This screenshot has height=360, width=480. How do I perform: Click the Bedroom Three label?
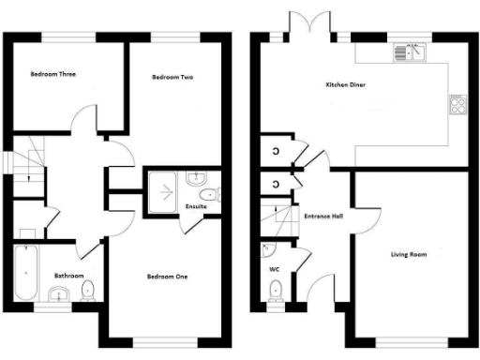point(52,73)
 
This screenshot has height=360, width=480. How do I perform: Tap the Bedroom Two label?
point(172,78)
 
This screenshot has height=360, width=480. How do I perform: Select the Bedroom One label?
point(168,277)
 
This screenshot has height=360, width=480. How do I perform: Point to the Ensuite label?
point(197,206)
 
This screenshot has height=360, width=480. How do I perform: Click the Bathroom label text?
point(69,276)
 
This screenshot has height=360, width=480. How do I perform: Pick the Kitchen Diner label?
point(345,85)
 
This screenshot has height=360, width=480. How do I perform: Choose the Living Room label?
point(409,254)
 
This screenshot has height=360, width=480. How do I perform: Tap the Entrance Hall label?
point(323,216)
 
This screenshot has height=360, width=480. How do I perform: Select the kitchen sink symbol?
point(410,52)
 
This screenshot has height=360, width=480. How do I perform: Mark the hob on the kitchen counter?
point(459,105)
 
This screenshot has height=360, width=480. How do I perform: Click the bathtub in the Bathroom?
point(24,273)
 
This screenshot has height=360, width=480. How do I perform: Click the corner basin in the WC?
point(268,250)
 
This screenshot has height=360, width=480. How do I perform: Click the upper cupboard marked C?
point(276,151)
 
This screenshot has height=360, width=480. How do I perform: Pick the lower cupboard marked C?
point(276,183)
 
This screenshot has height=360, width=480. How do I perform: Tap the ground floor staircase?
point(276,218)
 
